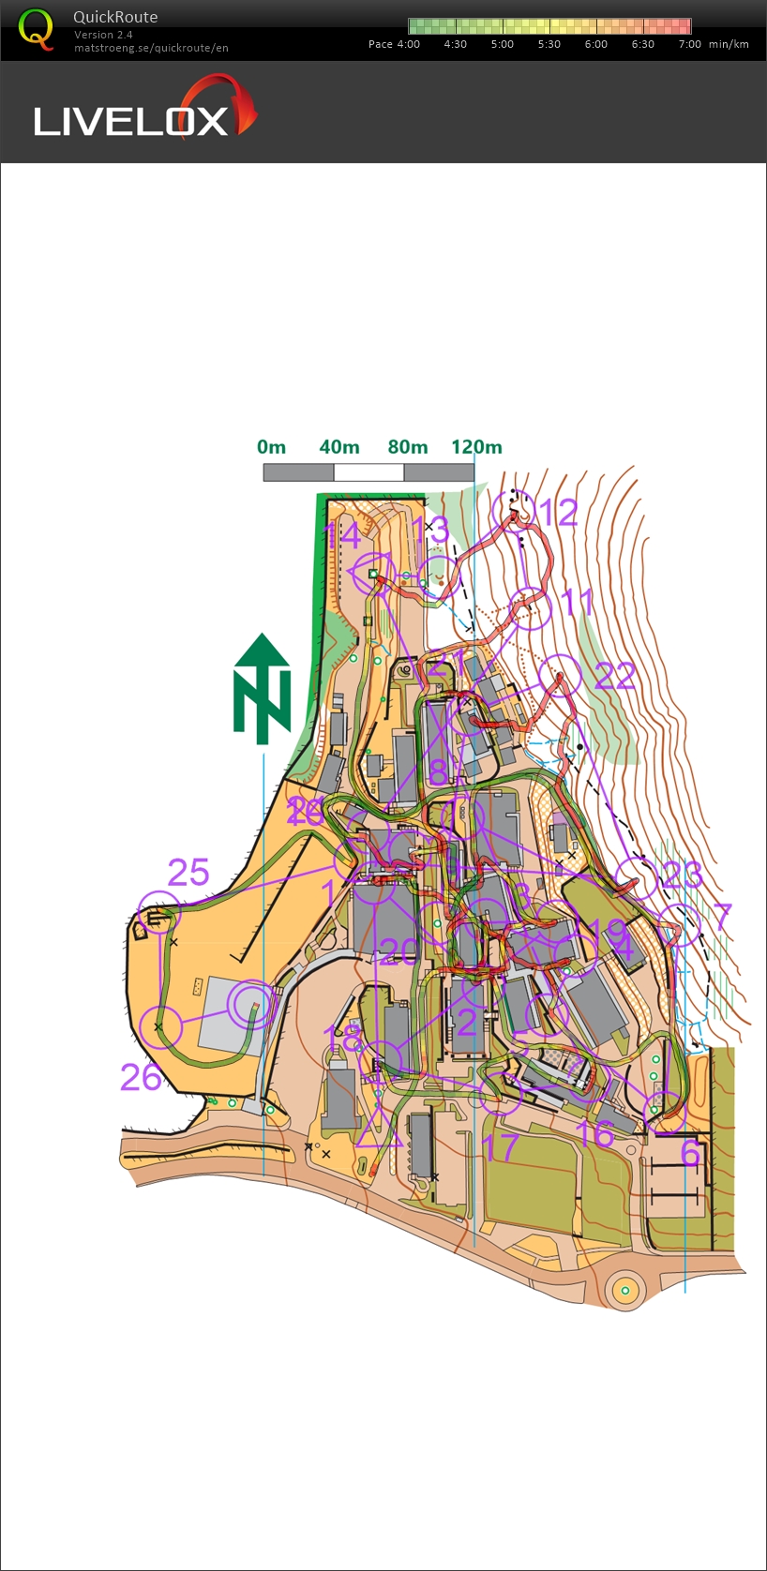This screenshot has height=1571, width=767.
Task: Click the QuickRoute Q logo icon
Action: tap(36, 29)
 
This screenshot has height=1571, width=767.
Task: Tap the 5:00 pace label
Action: tap(502, 44)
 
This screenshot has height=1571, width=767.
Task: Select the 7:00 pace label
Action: tap(689, 44)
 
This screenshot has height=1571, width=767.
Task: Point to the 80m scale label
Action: tap(407, 447)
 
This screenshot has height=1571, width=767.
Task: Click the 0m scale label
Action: tap(271, 447)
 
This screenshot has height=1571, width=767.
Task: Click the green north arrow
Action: tap(263, 689)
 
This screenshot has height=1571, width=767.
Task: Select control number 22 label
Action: tap(614, 675)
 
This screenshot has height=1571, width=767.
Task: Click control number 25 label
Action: tap(188, 873)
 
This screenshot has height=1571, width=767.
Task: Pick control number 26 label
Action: tap(141, 1078)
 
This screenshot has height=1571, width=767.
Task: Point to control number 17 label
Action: tap(502, 1146)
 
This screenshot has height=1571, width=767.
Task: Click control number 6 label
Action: tap(690, 1153)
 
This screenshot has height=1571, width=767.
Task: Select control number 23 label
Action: tap(682, 875)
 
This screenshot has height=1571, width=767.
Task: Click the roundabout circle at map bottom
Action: tap(624, 1291)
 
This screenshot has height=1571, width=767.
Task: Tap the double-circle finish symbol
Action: tap(251, 1005)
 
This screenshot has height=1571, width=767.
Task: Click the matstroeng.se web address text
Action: tap(151, 48)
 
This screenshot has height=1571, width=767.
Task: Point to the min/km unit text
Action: tap(729, 44)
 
